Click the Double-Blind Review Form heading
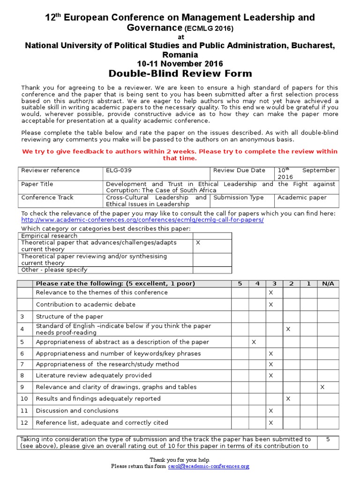[180, 74]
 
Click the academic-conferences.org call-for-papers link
[142, 220]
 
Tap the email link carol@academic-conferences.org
[209, 466]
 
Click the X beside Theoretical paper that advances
[198, 243]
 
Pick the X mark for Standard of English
[288, 330]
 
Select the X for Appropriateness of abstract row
[254, 342]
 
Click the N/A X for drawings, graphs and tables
[322, 387]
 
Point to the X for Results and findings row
[288, 399]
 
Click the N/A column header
[328, 284]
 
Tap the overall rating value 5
[328, 440]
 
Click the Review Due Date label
[239, 171]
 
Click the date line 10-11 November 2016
[180, 64]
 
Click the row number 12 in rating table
[24, 423]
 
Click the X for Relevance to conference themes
[270, 292]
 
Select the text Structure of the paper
[69, 317]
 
